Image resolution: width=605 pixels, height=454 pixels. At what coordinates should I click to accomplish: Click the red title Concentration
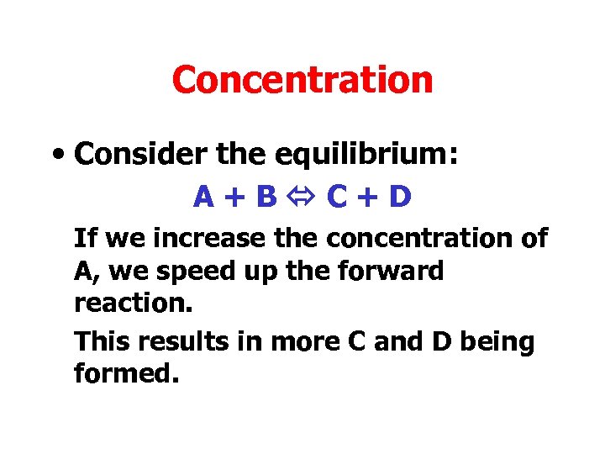pyautogui.click(x=302, y=81)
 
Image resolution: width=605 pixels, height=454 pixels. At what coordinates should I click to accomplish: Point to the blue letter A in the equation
pyautogui.click(x=203, y=197)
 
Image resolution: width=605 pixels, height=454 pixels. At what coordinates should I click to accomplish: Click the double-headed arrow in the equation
pyautogui.click(x=302, y=198)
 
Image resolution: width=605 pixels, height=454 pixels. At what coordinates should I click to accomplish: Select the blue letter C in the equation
pyautogui.click(x=337, y=197)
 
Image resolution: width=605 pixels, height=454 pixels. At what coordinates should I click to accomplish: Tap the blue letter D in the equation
pyautogui.click(x=401, y=197)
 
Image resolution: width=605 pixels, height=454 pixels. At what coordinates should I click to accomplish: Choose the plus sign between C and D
pyautogui.click(x=369, y=198)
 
